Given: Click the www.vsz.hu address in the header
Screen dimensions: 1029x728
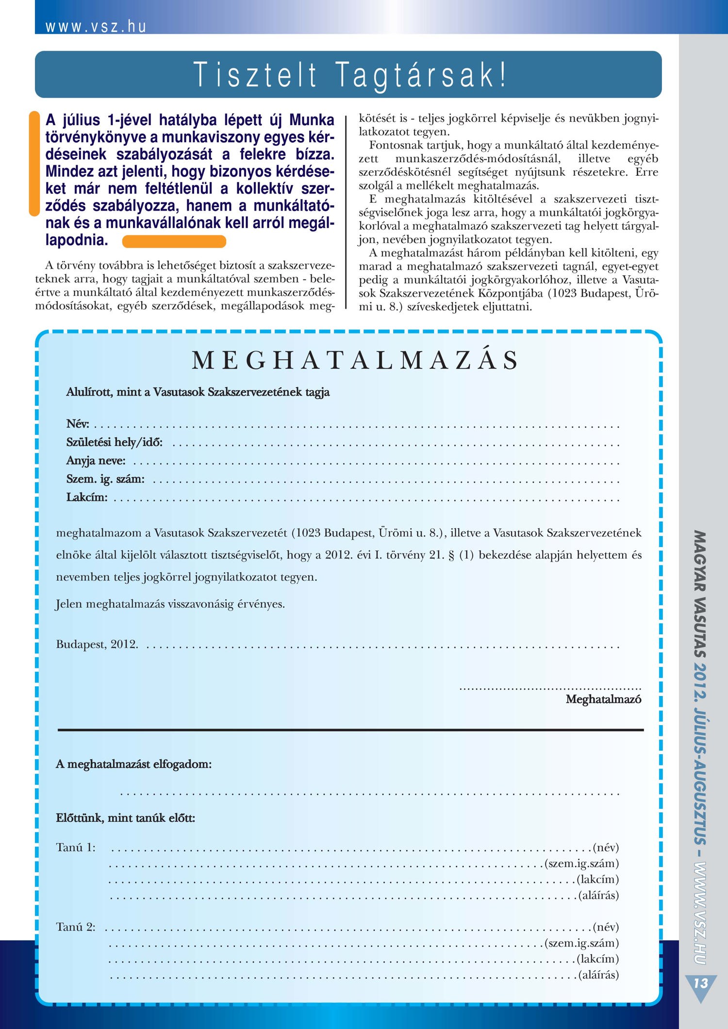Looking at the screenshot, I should [96, 27].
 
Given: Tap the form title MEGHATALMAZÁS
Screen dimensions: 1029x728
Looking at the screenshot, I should [355, 361].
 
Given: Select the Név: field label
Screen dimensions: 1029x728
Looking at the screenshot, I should [78, 424].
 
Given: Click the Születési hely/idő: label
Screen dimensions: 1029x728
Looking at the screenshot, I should [115, 443].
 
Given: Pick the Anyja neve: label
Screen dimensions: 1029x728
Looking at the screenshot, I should [96, 461].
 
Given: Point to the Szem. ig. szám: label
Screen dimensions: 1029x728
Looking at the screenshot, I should [105, 480].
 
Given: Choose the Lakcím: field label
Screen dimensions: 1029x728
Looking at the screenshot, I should [87, 498].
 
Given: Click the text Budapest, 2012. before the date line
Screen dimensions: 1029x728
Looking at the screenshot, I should [97, 645].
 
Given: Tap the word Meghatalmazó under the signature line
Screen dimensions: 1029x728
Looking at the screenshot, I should [603, 699].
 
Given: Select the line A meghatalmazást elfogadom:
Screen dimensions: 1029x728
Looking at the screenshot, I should [134, 764].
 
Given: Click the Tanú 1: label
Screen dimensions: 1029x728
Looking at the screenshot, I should [76, 848].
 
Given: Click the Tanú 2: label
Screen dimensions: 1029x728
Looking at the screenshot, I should [76, 927].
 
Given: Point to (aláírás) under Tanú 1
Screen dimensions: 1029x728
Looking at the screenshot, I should [598, 895].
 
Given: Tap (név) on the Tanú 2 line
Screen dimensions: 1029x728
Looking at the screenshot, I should [606, 927].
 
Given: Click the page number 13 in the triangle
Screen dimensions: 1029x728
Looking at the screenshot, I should [700, 984].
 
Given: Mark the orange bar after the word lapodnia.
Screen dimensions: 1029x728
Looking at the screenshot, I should [174, 241].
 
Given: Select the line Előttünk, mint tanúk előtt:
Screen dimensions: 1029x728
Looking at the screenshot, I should [126, 818].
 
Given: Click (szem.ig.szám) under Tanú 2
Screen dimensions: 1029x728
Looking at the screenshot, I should [581, 943].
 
